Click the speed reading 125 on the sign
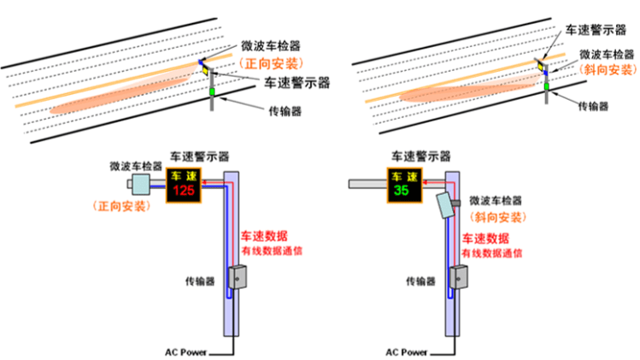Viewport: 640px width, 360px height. click(184, 192)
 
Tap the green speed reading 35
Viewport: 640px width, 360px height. click(402, 192)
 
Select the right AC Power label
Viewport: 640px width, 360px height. click(406, 351)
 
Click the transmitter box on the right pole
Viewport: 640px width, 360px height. click(459, 278)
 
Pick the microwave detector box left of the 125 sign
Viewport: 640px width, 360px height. click(139, 184)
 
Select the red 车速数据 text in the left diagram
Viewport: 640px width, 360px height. click(263, 235)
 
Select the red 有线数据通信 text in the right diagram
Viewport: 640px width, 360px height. click(490, 253)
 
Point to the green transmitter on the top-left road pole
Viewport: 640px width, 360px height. click(213, 91)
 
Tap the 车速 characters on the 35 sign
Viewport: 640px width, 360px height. click(402, 176)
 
